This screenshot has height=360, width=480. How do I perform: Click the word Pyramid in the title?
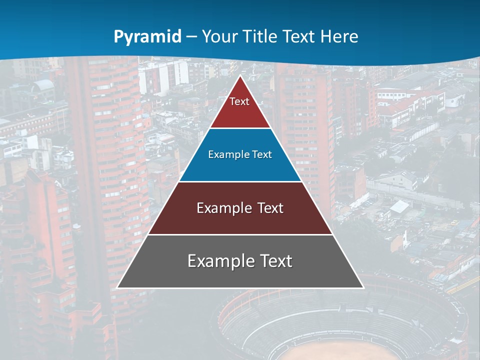point(147,37)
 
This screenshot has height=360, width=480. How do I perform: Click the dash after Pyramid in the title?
point(191,37)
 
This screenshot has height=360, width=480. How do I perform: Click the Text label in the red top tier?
point(239,101)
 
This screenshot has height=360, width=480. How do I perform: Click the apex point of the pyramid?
point(240,76)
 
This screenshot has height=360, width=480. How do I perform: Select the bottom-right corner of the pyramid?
point(363,287)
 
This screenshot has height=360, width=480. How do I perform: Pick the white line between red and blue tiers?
point(240,128)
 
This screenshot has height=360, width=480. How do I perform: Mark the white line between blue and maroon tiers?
point(240,181)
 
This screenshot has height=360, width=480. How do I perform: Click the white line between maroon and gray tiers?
point(240,234)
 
